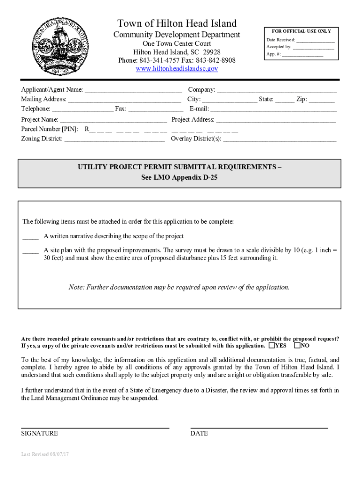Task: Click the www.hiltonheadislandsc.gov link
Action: pyautogui.click(x=177, y=69)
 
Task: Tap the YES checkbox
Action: pyautogui.click(x=272, y=346)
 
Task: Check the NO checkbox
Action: pyautogui.click(x=297, y=346)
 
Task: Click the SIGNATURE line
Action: pyautogui.click(x=95, y=427)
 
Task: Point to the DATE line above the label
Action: pyautogui.click(x=259, y=427)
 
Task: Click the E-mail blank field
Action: pyautogui.click(x=274, y=109)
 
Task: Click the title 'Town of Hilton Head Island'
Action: pyautogui.click(x=177, y=23)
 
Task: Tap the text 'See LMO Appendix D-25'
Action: pyautogui.click(x=180, y=178)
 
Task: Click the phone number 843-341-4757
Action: pyautogui.click(x=156, y=61)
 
